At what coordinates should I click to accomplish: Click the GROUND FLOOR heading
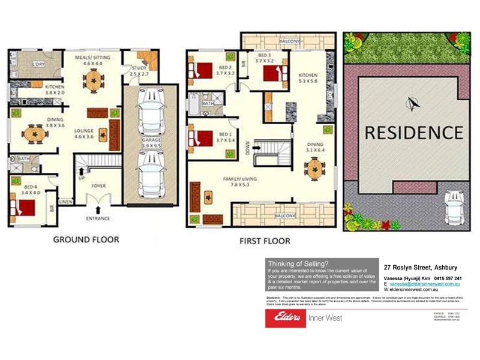[x=86, y=239]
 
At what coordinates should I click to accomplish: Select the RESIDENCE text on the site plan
[x=414, y=132]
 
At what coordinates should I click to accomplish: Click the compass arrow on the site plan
[x=412, y=104]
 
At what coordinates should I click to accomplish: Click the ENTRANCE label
[x=98, y=218]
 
